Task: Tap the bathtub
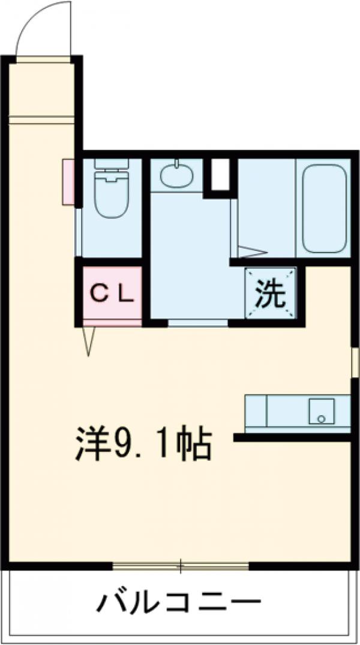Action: pos(324,209)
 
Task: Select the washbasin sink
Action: pos(176,176)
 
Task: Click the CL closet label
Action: pos(112,293)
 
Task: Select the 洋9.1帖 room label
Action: pos(143,443)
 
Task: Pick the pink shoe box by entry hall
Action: pos(67,182)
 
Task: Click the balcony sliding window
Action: pos(180,565)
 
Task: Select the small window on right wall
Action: pos(355,363)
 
